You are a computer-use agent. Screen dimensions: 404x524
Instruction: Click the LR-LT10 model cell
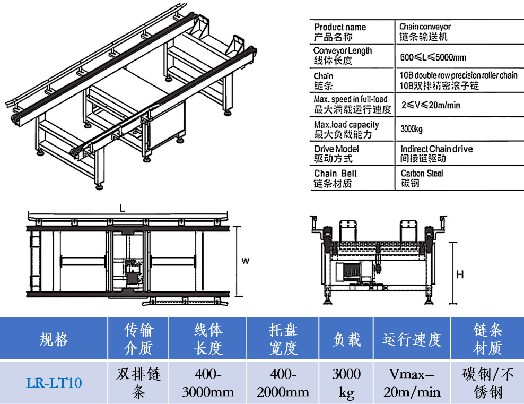point(54,382)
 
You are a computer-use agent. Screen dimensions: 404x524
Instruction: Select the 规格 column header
point(54,339)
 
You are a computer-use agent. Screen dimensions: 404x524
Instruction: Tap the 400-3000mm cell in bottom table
point(208,382)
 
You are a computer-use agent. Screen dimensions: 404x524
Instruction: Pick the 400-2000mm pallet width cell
point(283,382)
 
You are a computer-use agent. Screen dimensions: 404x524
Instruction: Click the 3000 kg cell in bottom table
point(346,382)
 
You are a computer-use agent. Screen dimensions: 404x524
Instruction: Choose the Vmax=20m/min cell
point(412,382)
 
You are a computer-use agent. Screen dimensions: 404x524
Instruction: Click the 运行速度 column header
point(412,339)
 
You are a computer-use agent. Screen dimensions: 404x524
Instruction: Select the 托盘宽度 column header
point(283,339)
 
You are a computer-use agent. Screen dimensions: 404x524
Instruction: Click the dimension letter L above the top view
point(122,209)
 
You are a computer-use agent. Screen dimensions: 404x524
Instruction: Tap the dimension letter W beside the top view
point(245,261)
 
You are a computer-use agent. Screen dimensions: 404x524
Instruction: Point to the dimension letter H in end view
point(460,274)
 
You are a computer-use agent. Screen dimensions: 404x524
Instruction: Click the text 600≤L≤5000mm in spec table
point(433,57)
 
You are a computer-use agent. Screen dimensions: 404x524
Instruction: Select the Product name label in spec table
point(340,27)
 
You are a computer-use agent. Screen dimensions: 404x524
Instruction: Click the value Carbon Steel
point(422,173)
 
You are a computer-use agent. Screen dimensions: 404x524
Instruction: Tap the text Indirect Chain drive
point(436,149)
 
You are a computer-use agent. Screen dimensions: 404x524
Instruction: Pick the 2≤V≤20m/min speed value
point(430,105)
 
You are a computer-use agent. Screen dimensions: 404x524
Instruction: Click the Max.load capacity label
point(346,125)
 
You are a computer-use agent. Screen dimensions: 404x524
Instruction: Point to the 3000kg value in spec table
point(412,129)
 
